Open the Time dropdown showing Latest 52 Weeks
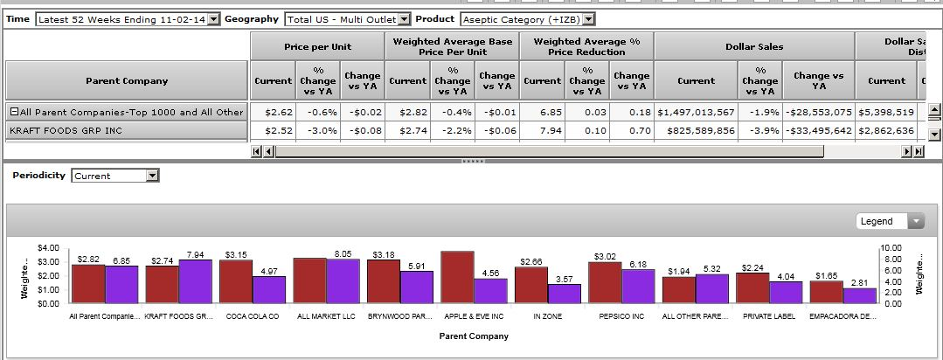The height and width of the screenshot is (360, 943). (128, 19)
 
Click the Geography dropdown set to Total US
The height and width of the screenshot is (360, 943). (348, 19)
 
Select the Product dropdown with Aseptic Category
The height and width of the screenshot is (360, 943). (527, 19)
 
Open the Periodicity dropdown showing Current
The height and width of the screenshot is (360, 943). (115, 176)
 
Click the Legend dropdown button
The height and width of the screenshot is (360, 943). (890, 221)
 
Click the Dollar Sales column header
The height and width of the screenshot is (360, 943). (753, 46)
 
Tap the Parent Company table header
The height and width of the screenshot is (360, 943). (127, 81)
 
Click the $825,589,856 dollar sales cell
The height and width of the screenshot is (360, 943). (695, 130)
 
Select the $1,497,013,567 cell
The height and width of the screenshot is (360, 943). (695, 112)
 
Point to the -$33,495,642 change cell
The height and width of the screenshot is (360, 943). (818, 130)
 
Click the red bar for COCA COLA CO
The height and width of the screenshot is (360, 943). (236, 281)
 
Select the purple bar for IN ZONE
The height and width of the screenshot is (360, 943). (564, 293)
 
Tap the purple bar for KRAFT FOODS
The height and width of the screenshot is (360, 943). (195, 281)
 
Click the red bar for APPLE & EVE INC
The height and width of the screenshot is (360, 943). (457, 277)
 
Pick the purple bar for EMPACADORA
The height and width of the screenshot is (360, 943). (859, 295)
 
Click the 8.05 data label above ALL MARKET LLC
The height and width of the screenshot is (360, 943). (343, 253)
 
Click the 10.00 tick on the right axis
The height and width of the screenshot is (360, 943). (891, 249)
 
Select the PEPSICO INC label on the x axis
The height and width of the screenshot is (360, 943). (621, 316)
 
